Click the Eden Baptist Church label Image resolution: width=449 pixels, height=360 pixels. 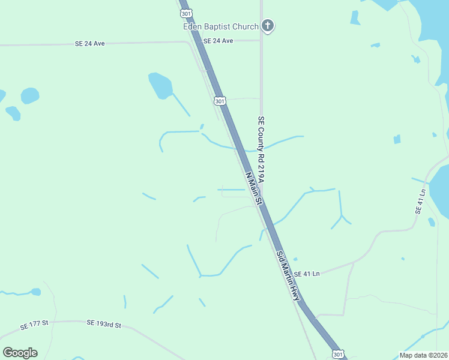pyautogui.click(x=220, y=26)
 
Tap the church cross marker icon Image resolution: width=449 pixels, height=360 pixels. pyautogui.click(x=268, y=26)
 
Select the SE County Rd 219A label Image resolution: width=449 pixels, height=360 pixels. pyautogui.click(x=261, y=149)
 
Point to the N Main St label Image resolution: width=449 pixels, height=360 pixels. pyautogui.click(x=255, y=189)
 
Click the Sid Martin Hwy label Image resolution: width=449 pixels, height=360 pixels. pyautogui.click(x=288, y=276)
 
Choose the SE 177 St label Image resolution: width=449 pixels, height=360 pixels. pyautogui.click(x=33, y=326)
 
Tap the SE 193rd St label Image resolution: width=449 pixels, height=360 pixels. pyautogui.click(x=104, y=324)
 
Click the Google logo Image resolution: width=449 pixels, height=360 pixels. pyautogui.click(x=20, y=353)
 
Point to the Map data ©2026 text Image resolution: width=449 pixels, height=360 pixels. pyautogui.click(x=423, y=355)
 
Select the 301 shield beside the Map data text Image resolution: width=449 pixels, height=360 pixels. pyautogui.click(x=339, y=354)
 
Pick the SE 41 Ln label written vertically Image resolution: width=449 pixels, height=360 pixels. pyautogui.click(x=420, y=202)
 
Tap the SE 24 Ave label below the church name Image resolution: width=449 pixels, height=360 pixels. pyautogui.click(x=218, y=41)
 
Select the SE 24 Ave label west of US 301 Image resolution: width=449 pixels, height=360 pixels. pyautogui.click(x=90, y=44)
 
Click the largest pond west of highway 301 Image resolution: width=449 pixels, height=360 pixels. pyautogui.click(x=160, y=85)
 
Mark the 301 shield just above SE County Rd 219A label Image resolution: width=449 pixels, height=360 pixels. pyautogui.click(x=220, y=101)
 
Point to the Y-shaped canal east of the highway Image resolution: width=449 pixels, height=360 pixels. pyautogui.click(x=340, y=215)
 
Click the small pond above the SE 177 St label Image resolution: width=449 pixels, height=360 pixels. pyautogui.click(x=36, y=292)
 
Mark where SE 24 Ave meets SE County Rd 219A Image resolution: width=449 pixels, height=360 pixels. pyautogui.click(x=261, y=41)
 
